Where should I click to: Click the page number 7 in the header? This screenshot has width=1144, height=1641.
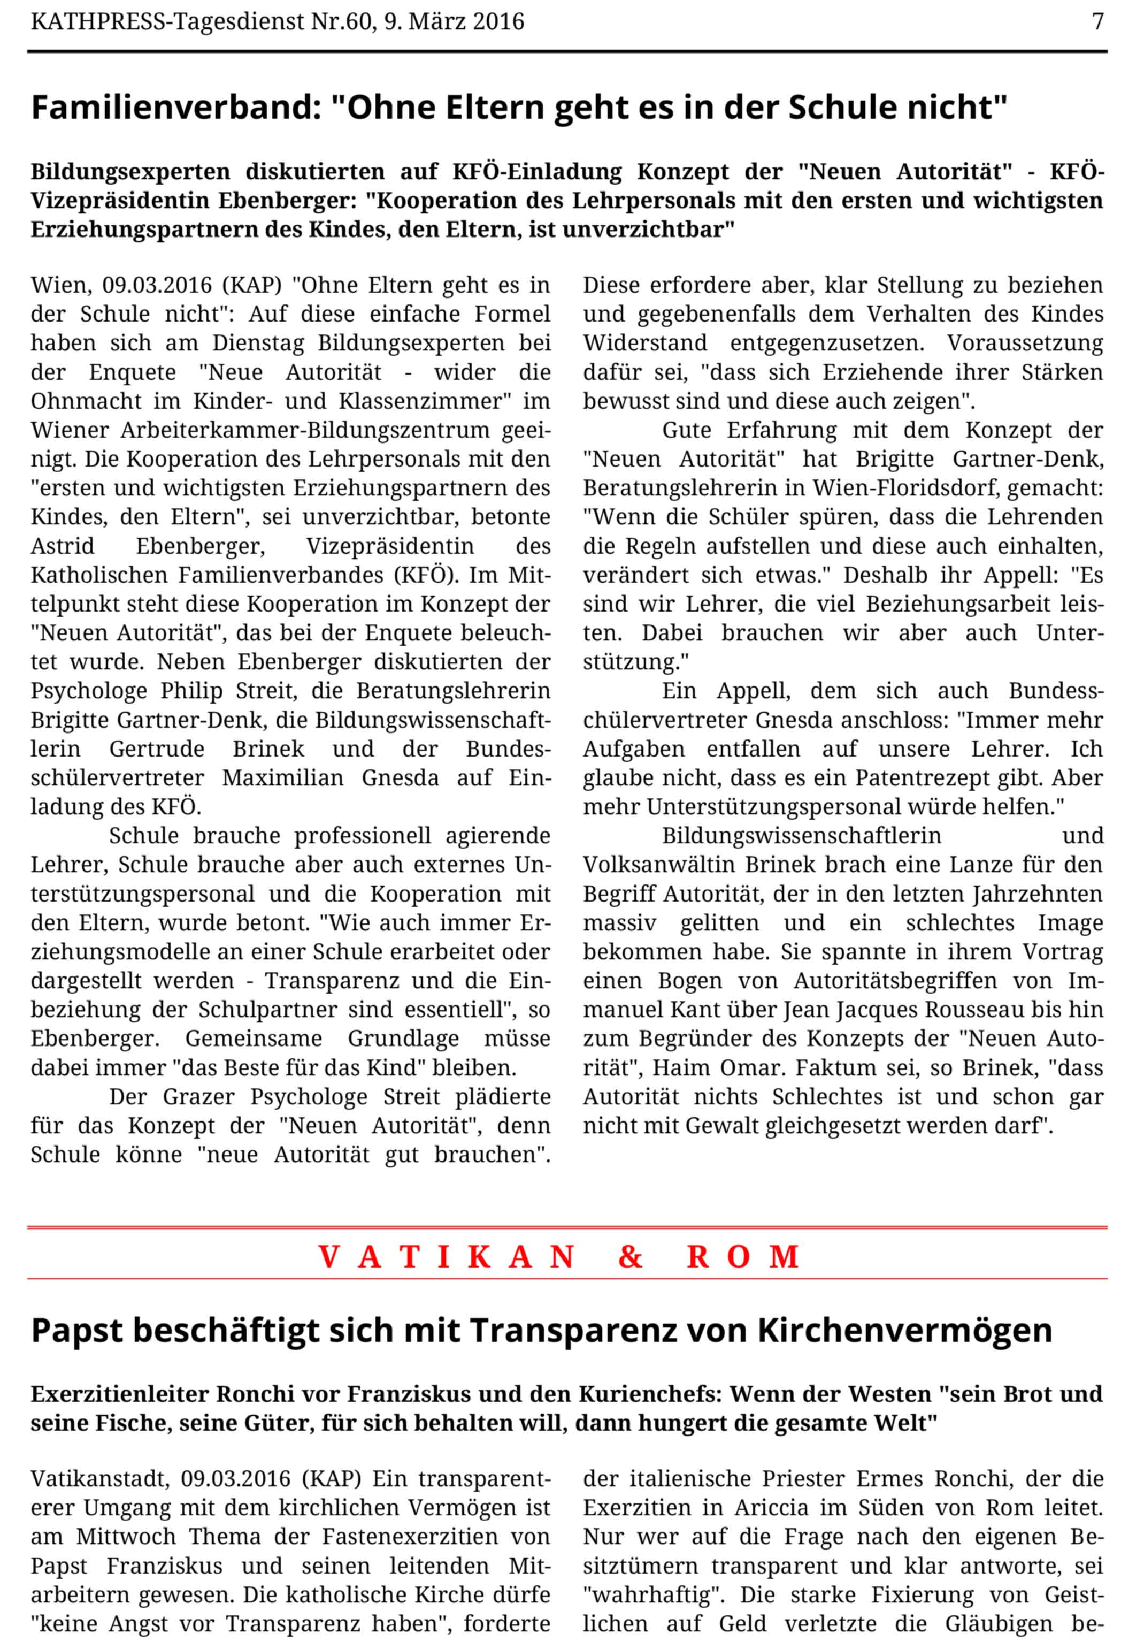(1097, 21)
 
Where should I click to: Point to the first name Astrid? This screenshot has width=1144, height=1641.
(62, 546)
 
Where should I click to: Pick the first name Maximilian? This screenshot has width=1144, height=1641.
(283, 777)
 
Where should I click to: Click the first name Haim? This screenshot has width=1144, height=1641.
(679, 1068)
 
